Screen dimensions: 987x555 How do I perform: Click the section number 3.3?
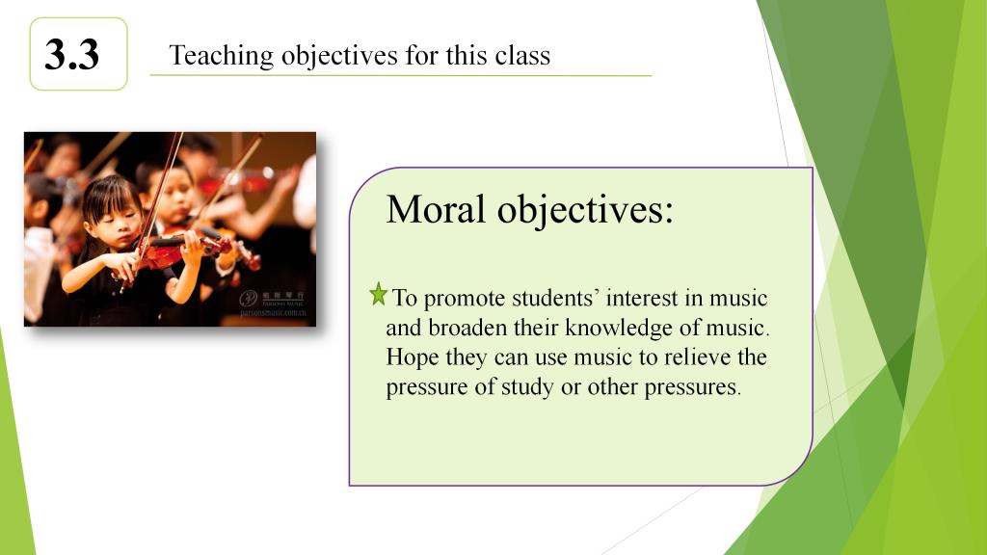71,54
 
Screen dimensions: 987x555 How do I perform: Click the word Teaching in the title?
222,56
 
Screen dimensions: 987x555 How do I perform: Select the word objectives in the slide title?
339,56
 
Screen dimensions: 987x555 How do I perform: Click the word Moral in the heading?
436,209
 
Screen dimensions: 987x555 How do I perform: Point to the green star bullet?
378,294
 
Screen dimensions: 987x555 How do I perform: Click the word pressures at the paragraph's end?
692,387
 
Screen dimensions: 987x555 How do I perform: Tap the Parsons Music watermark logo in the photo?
273,303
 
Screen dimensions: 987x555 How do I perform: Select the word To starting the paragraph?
405,298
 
